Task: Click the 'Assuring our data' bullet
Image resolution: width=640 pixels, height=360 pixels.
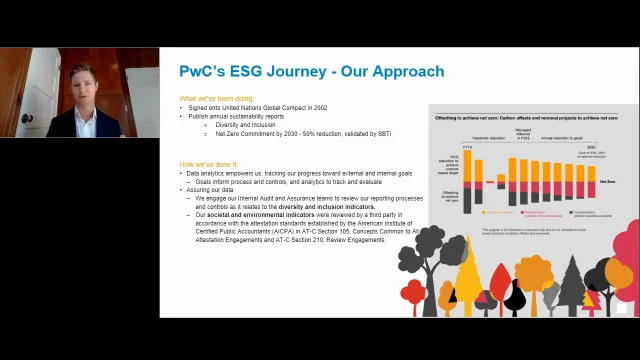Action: click(x=212, y=189)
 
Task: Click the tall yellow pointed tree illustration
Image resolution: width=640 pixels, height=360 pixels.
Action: click(x=467, y=283)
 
